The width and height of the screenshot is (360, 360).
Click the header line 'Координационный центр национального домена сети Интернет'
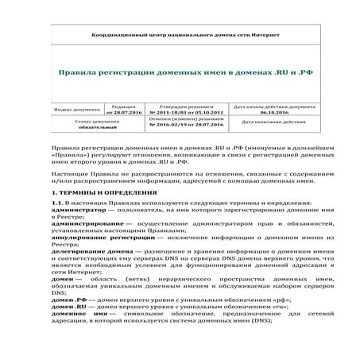[179, 37]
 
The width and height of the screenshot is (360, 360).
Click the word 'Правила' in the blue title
[79, 72]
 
